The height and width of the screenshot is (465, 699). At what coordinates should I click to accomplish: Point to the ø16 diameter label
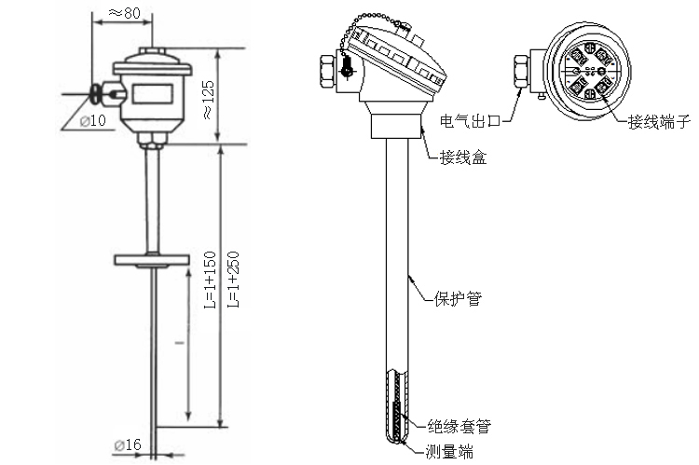128,444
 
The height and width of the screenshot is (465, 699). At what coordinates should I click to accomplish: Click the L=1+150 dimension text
210,279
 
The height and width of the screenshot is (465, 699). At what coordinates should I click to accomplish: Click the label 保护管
458,299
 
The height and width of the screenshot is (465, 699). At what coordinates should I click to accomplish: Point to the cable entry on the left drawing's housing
100,92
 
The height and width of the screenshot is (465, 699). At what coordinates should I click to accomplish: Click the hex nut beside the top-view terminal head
521,72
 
